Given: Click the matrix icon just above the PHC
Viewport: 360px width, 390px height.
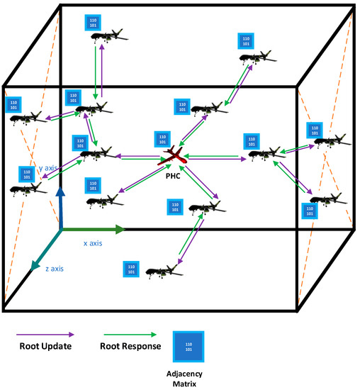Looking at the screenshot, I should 162,138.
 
